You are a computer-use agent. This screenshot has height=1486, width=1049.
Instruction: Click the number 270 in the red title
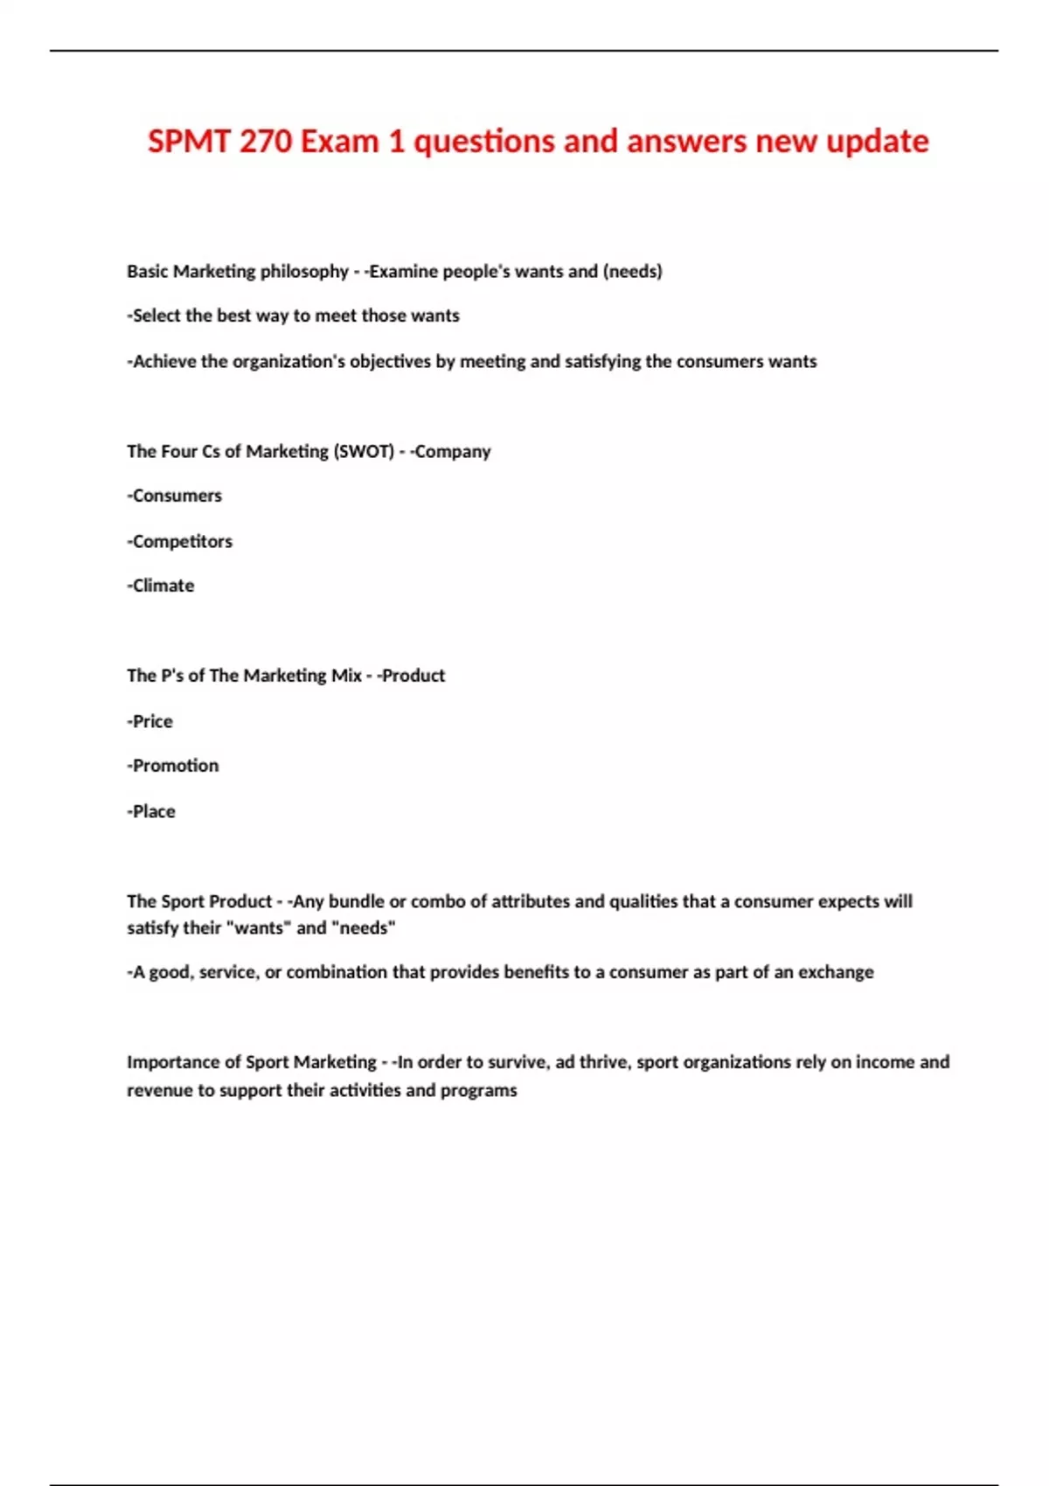tap(265, 142)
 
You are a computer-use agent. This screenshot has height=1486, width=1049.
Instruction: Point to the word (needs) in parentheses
tap(632, 272)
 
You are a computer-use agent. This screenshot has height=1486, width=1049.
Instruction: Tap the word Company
tap(453, 452)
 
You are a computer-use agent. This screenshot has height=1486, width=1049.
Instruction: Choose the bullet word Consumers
tap(177, 496)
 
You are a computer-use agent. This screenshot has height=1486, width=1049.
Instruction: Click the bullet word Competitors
tap(182, 542)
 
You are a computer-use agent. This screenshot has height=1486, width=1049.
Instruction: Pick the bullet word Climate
tap(163, 586)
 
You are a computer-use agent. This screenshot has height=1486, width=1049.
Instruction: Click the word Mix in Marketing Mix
tap(346, 676)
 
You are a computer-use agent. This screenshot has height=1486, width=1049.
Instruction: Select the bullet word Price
tap(152, 722)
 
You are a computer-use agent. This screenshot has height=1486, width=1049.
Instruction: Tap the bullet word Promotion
tap(175, 766)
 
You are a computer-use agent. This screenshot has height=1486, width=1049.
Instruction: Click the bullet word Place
tap(154, 812)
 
